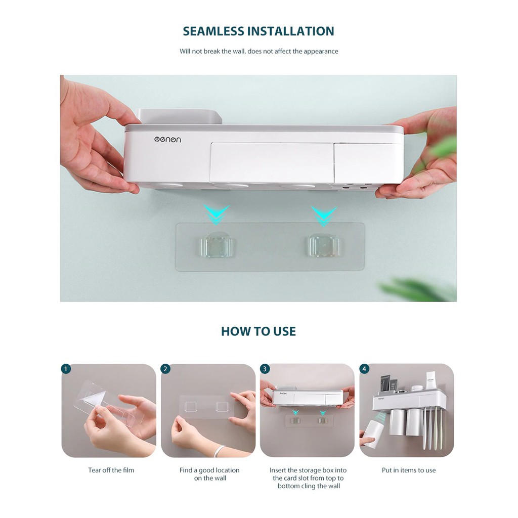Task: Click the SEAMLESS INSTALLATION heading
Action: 258,31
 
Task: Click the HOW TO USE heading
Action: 258,331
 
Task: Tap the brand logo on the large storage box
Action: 167,140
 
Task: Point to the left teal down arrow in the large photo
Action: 216,215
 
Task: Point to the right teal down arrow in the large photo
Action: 324,216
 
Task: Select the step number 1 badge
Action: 66,369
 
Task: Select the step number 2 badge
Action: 165,369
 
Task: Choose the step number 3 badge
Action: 265,369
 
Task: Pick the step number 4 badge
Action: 364,369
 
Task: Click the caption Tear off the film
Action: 111,470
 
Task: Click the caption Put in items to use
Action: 409,470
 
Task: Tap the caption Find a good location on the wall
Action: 209,474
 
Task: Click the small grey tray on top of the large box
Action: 179,117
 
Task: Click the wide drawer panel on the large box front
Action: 272,162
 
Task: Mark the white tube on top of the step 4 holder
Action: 430,380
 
